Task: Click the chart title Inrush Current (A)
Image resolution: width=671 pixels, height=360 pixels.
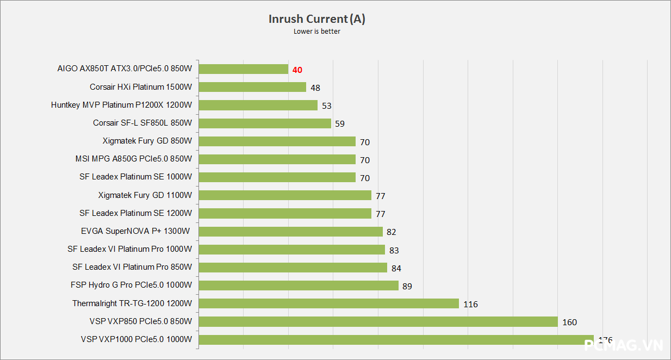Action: click(x=316, y=19)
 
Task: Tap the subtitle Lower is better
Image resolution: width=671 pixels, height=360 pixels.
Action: click(x=316, y=32)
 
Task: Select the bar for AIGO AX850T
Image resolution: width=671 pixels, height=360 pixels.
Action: click(x=243, y=69)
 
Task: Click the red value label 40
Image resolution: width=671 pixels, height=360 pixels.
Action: click(x=297, y=70)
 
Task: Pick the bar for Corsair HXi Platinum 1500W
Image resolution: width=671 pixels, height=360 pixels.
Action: click(x=252, y=87)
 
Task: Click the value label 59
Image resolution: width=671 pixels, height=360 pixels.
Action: click(x=340, y=123)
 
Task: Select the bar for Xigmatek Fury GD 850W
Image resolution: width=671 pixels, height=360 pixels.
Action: click(x=277, y=141)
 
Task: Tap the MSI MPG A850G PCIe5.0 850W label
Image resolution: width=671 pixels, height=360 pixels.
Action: click(x=133, y=159)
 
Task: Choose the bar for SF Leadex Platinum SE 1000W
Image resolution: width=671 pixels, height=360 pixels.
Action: click(x=277, y=177)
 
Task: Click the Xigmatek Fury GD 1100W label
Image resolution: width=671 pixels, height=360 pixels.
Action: click(x=145, y=195)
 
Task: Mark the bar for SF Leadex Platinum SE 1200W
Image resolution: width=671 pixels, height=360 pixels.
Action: click(x=285, y=213)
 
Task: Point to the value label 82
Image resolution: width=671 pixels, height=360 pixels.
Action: click(x=392, y=232)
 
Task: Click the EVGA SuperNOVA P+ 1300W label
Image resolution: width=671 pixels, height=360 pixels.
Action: click(x=135, y=231)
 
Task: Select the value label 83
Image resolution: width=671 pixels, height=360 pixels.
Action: click(x=394, y=250)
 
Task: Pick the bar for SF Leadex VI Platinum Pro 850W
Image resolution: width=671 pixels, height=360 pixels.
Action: click(x=293, y=267)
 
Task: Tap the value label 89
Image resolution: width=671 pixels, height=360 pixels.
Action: click(x=407, y=286)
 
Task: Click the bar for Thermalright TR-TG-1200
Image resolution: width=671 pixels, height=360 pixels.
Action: click(x=328, y=303)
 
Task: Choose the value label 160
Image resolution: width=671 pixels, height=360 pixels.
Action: click(x=569, y=322)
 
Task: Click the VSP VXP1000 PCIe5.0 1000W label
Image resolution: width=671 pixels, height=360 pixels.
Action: click(x=136, y=339)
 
